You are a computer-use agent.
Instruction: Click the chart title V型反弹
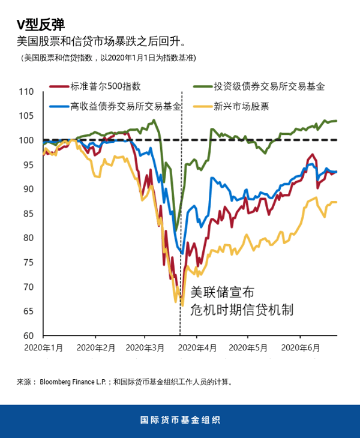[x=40, y=25]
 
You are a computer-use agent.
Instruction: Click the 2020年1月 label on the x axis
[x=44, y=347]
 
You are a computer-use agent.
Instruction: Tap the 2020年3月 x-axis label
[x=146, y=347]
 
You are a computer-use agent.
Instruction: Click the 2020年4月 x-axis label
[x=198, y=347]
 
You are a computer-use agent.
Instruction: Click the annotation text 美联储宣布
[x=222, y=293]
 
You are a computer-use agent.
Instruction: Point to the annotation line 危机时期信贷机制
[x=241, y=310]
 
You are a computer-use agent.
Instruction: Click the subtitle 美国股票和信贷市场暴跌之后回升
[x=102, y=43]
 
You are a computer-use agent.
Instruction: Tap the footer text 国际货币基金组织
[x=180, y=421]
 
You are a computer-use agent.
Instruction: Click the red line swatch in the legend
[x=58, y=86]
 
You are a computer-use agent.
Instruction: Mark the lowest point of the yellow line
[x=182, y=306]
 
